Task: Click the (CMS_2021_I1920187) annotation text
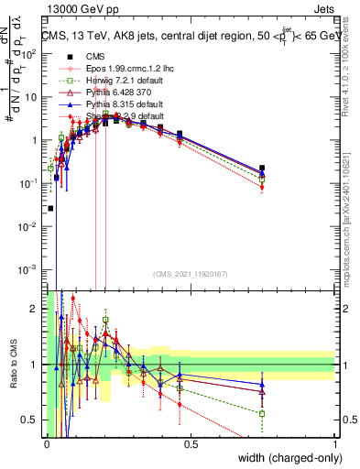tap(190, 273)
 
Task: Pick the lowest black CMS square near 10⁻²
tap(50, 208)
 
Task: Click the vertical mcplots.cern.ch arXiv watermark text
tap(352, 229)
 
